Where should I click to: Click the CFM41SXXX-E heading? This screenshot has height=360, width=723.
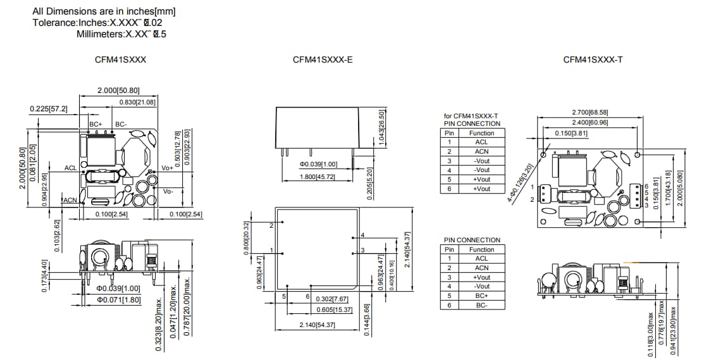(323, 59)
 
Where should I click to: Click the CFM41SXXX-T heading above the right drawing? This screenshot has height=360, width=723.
(593, 59)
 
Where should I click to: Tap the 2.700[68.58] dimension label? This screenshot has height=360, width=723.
(589, 112)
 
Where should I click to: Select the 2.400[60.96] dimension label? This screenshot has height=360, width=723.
(589, 121)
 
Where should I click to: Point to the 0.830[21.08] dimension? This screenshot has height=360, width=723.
(137, 102)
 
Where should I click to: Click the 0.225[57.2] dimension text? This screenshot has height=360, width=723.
(49, 109)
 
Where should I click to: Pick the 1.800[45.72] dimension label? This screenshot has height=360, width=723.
(317, 177)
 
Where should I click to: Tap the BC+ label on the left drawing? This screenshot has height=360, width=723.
(96, 124)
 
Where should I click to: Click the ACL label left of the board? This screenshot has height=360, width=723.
(71, 168)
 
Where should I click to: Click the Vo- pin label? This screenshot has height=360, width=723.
(168, 191)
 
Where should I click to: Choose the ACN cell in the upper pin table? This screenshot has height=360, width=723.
(481, 151)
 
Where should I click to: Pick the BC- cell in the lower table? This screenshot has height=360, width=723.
(481, 305)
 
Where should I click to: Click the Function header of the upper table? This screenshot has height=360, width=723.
(481, 133)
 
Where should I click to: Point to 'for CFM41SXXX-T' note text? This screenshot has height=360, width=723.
(471, 116)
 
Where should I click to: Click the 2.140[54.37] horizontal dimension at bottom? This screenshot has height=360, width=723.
(317, 325)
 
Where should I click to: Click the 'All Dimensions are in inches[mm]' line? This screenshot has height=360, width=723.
(104, 11)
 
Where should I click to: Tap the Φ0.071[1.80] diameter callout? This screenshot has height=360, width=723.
(118, 299)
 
